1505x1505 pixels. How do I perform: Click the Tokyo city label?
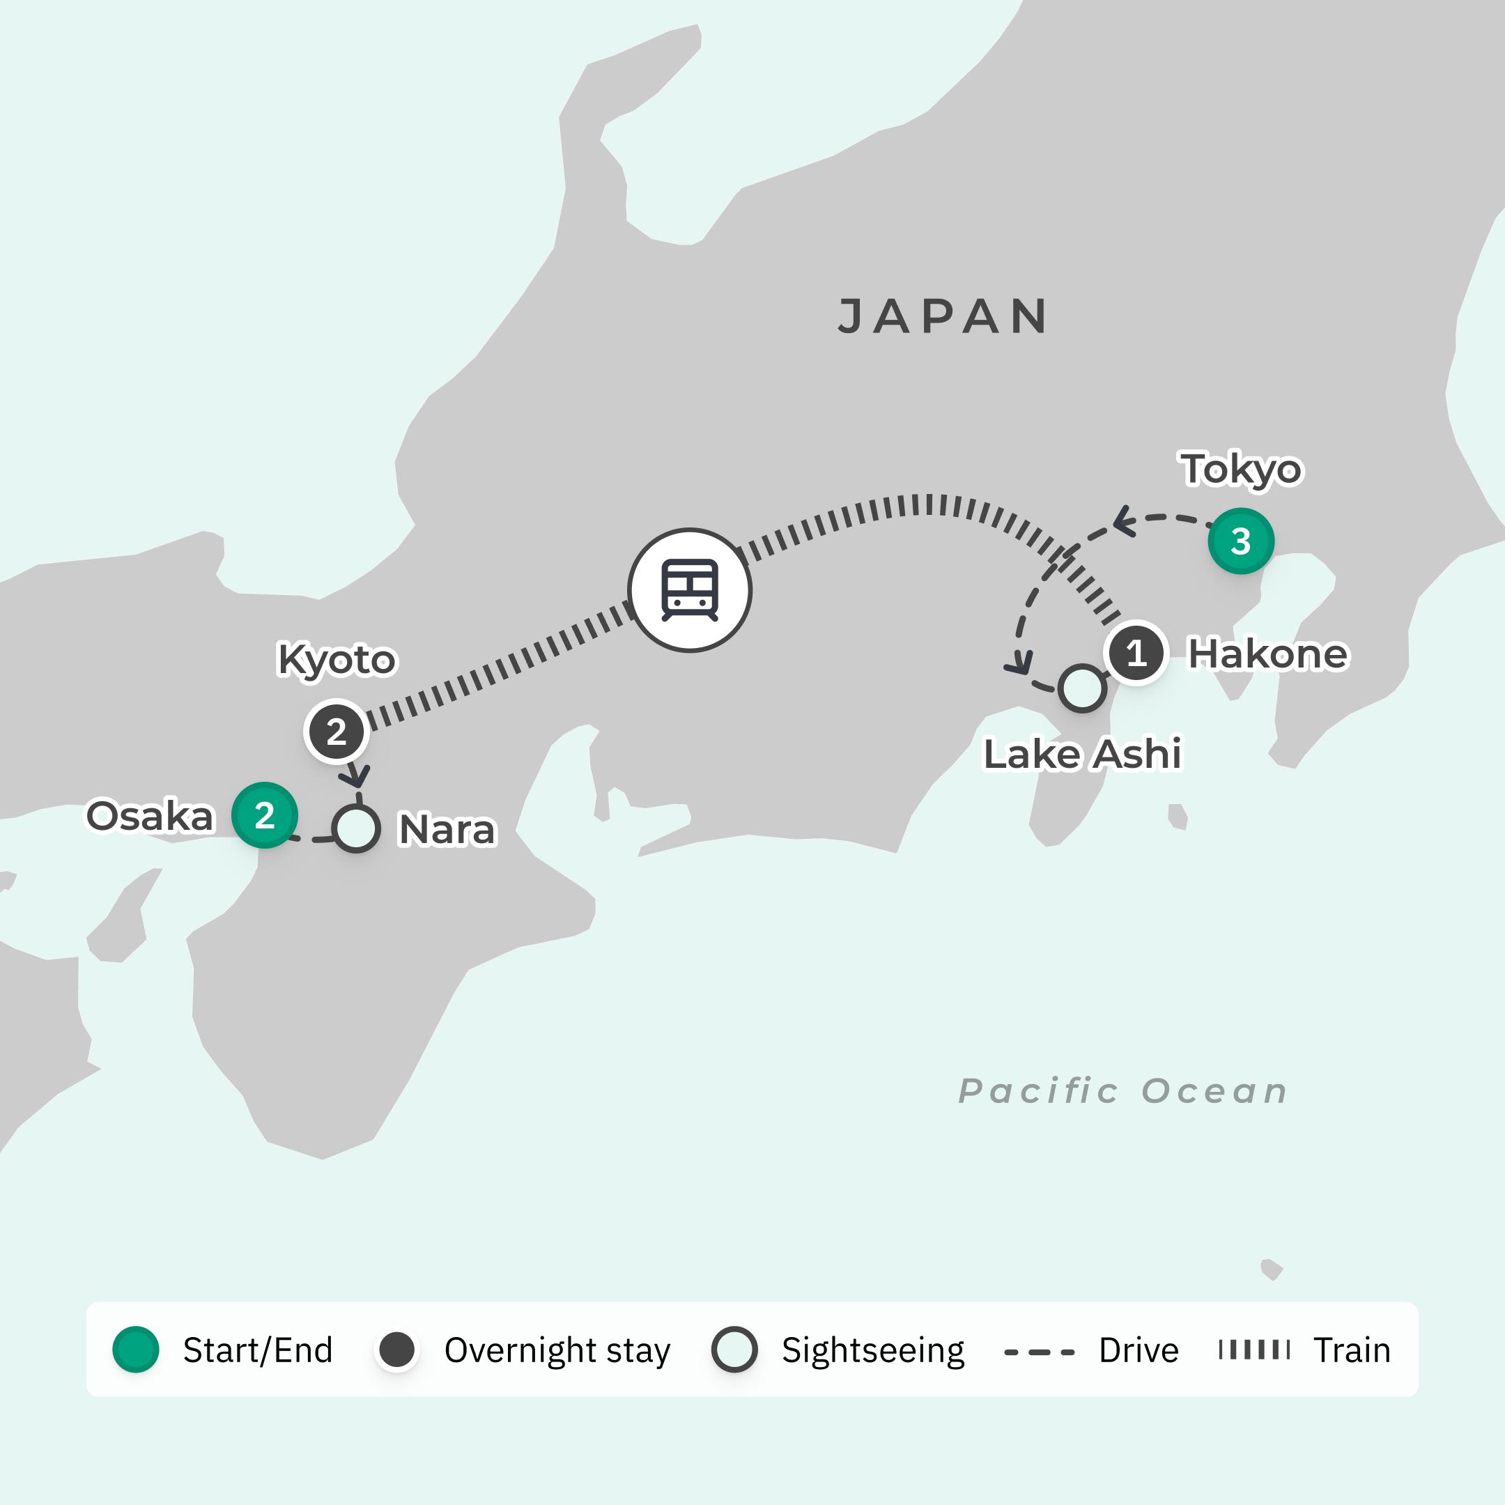coord(1242,469)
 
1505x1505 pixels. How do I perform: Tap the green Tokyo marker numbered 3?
coord(1241,541)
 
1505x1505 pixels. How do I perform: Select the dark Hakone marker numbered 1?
coord(1136,653)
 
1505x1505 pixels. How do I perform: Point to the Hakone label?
coord(1267,654)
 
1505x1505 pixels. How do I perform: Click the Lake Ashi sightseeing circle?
coord(1082,688)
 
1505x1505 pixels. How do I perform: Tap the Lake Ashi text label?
coord(1083,754)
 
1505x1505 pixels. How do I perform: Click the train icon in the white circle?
coord(689,589)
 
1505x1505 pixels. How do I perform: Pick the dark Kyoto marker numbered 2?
coord(337,732)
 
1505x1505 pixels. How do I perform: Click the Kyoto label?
coord(337,659)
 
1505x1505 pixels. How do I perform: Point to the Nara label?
coord(447,830)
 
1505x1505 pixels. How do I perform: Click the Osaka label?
coord(150,817)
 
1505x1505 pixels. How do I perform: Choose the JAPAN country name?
coord(943,316)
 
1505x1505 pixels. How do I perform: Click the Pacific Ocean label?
coord(1122,1091)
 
